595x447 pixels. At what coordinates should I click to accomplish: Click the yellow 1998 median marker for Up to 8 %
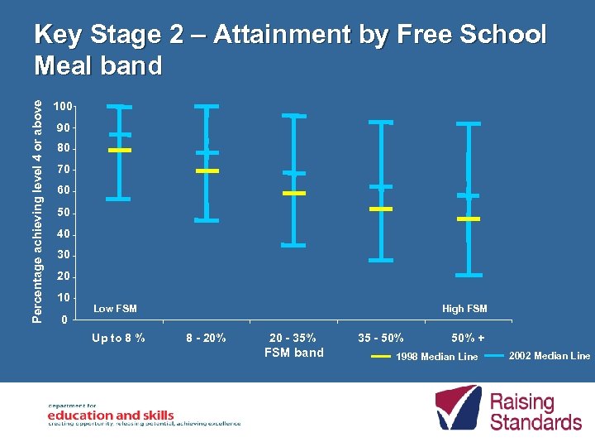tap(120, 150)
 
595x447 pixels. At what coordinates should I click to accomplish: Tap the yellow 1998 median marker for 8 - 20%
tap(207, 171)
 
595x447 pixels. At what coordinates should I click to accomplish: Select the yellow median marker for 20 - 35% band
tap(293, 193)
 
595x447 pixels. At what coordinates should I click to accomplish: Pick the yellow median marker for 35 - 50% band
tap(381, 209)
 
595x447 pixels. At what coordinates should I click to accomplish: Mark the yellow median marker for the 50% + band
tap(469, 219)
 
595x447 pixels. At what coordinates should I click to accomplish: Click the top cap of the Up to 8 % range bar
tap(120, 107)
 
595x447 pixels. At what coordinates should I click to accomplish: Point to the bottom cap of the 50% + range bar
tap(469, 275)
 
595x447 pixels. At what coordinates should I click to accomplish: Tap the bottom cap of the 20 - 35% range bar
tap(293, 245)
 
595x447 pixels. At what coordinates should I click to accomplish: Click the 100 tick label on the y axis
tap(63, 107)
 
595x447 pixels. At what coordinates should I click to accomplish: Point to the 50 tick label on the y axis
tap(63, 214)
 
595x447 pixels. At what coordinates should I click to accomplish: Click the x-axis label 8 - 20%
tap(207, 338)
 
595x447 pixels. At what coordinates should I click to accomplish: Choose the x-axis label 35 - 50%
tap(381, 338)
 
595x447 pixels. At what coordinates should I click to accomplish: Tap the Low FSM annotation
tap(115, 309)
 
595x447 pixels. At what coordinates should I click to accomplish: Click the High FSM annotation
tap(464, 309)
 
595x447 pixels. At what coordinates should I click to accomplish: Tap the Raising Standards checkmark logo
tap(458, 407)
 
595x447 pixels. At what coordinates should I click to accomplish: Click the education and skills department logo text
tap(110, 415)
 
